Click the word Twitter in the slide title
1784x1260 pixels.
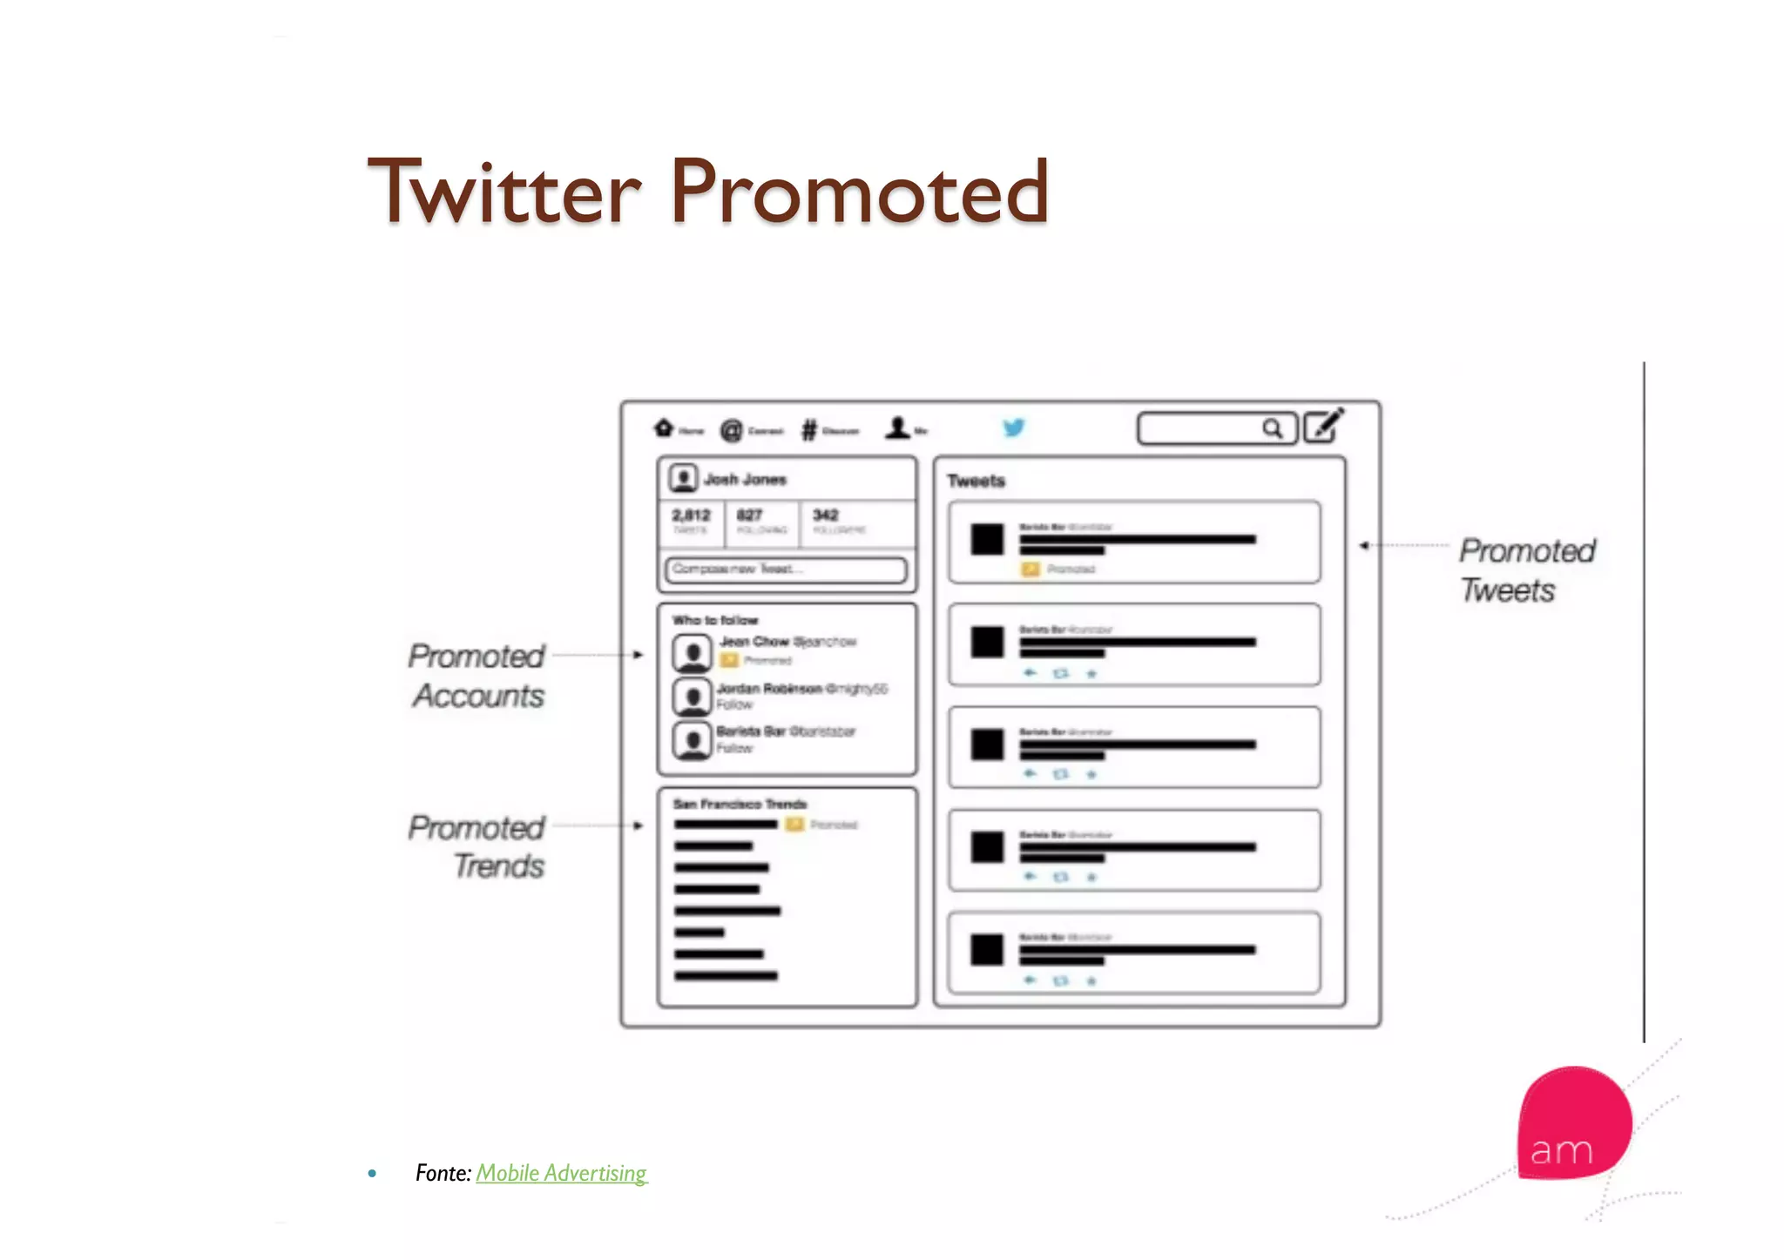pyautogui.click(x=505, y=192)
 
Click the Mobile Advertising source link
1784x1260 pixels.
pyautogui.click(x=561, y=1173)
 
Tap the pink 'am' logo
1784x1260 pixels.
pyautogui.click(x=1572, y=1124)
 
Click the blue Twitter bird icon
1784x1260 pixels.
pyautogui.click(x=1013, y=428)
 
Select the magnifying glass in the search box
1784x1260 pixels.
pyautogui.click(x=1273, y=428)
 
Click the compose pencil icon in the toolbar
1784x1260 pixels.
pyautogui.click(x=1324, y=426)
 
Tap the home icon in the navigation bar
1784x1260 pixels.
pyautogui.click(x=664, y=428)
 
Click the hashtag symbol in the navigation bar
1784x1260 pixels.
pyautogui.click(x=809, y=429)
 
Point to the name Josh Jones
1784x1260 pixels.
pyautogui.click(x=745, y=479)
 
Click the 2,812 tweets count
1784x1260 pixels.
pyautogui.click(x=691, y=515)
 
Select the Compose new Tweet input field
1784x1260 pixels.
pyautogui.click(x=786, y=569)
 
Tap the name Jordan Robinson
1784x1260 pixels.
pyautogui.click(x=769, y=688)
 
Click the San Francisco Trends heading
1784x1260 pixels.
pyautogui.click(x=740, y=804)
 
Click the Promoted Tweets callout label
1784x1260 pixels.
pyautogui.click(x=1527, y=570)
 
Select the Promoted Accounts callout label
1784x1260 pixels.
pyautogui.click(x=477, y=676)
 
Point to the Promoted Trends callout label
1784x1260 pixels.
pyautogui.click(x=477, y=846)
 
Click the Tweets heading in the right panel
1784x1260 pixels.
pyautogui.click(x=976, y=481)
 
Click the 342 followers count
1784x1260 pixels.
pyautogui.click(x=826, y=515)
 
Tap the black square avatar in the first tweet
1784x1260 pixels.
pyautogui.click(x=987, y=539)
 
